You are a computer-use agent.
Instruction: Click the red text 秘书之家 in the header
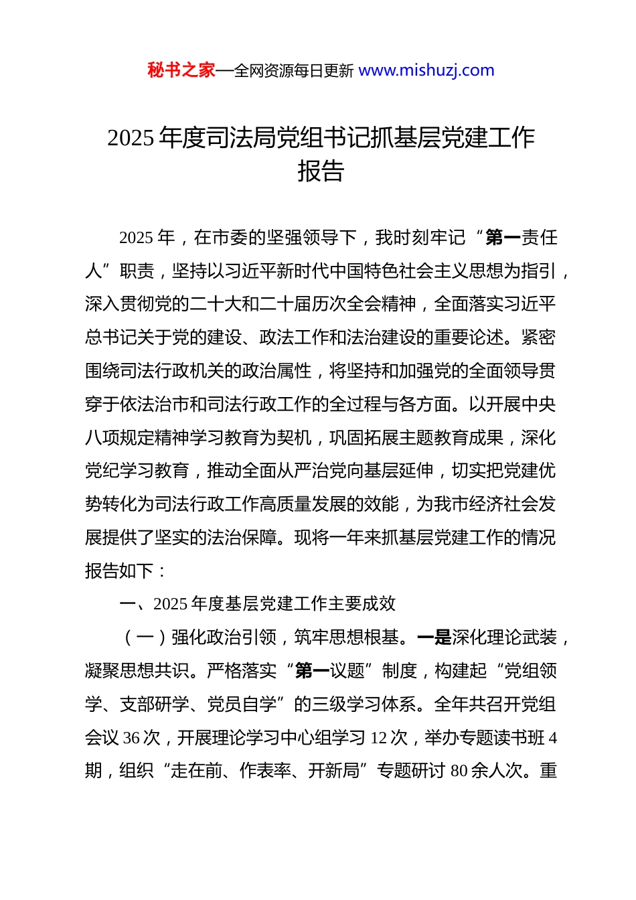coord(181,70)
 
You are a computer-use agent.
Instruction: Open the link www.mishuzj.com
coord(426,70)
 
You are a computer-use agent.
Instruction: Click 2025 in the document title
coord(131,138)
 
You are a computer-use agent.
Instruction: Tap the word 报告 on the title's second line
coord(321,171)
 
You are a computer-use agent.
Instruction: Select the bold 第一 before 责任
coord(503,238)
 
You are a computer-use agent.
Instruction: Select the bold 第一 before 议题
coord(312,671)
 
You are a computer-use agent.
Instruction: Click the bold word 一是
coord(434,637)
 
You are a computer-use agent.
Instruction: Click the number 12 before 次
coord(379,738)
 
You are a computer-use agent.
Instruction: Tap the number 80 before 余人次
coord(459,771)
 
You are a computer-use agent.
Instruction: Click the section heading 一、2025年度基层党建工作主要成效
coord(257,604)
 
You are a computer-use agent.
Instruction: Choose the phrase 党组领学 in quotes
coord(530,671)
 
